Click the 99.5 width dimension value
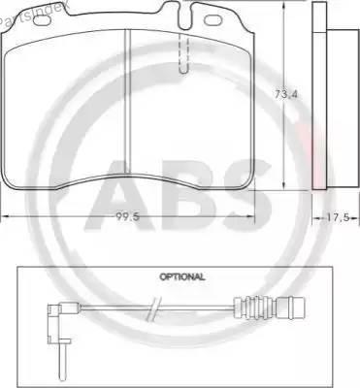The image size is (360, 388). click(127, 217)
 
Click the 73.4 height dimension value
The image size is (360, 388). click(286, 95)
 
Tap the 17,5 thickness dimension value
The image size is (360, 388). click(338, 217)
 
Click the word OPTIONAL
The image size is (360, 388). click(182, 276)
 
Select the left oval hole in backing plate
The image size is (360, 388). click(43, 20)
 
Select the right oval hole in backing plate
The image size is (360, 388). click(212, 20)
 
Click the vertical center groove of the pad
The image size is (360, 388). click(127, 102)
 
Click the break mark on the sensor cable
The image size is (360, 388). click(153, 308)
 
